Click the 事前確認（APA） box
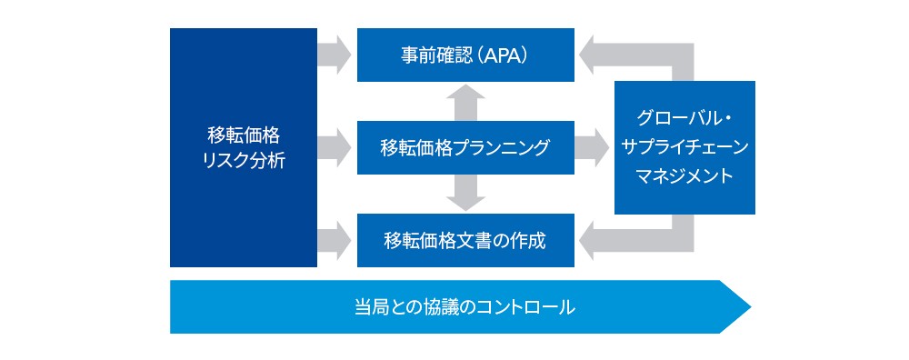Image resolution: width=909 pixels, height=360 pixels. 465,55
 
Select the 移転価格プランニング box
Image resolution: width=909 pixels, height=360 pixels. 465,148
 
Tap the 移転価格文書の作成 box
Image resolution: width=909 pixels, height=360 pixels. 465,241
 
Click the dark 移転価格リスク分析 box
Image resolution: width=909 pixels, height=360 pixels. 244,148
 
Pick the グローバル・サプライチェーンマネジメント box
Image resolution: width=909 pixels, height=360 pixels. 684,148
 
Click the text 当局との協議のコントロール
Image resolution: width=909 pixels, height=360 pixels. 464,307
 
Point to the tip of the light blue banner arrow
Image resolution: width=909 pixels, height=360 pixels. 751,306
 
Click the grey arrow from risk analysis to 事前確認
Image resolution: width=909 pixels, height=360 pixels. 335,55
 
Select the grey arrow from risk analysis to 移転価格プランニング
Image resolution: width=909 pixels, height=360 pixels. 335,148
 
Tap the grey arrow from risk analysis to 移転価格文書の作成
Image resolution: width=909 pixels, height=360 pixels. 335,241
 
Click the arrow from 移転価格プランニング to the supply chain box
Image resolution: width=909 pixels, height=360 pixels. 592,148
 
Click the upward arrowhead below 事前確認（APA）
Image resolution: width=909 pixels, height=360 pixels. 465,92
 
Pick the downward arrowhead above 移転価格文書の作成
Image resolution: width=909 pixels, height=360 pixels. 465,204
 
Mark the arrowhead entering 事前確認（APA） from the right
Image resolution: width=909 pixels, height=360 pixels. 585,55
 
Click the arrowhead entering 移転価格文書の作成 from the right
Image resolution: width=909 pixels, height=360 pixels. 585,241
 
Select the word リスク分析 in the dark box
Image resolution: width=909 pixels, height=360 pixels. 244,160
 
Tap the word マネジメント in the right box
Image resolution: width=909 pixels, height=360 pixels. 684,175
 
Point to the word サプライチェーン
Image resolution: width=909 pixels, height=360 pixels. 684,147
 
